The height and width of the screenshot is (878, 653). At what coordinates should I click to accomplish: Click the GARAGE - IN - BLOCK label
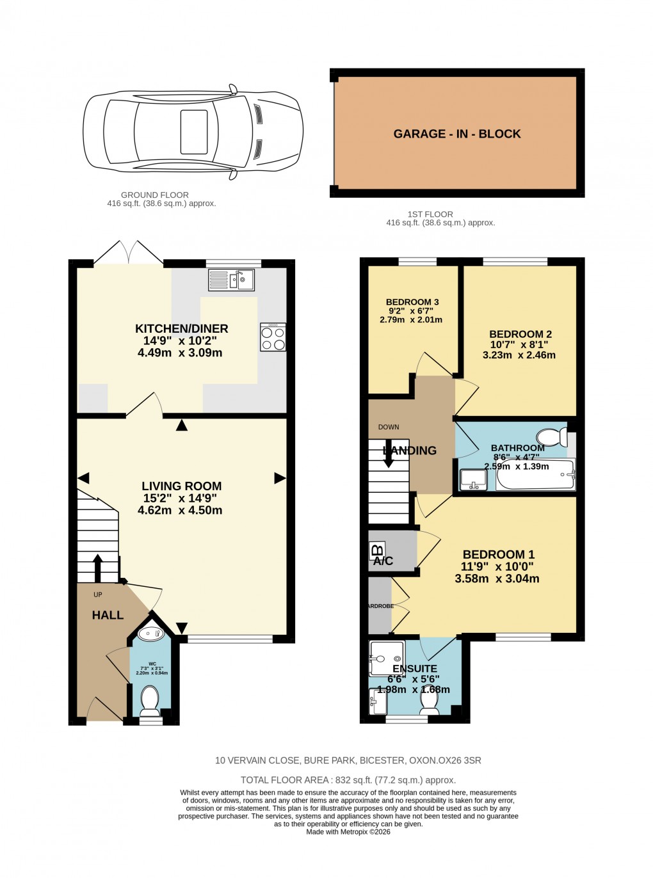pyautogui.click(x=456, y=134)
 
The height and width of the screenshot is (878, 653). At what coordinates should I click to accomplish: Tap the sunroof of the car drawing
pyautogui.click(x=194, y=132)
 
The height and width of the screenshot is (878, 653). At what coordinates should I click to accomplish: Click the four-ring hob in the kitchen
pyautogui.click(x=273, y=338)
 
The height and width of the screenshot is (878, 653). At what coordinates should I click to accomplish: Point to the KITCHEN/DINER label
pyautogui.click(x=181, y=329)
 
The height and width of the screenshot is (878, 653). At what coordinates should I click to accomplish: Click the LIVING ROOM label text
pyautogui.click(x=181, y=486)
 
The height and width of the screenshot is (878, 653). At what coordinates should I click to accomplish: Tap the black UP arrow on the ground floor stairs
pyautogui.click(x=97, y=566)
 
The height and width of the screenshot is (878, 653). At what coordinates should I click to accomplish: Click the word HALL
pyautogui.click(x=108, y=615)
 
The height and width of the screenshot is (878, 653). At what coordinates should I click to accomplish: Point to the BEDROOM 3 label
pyautogui.click(x=412, y=302)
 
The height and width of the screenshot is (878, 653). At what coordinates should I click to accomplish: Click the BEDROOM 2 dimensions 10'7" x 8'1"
pyautogui.click(x=519, y=345)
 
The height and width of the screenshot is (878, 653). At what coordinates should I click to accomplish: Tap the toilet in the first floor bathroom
pyautogui.click(x=551, y=437)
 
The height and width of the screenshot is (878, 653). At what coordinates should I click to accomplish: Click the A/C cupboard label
pyautogui.click(x=383, y=561)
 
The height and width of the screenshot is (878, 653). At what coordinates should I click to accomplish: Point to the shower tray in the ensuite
pyautogui.click(x=387, y=658)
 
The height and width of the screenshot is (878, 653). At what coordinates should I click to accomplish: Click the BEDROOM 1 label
pyautogui.click(x=498, y=555)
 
